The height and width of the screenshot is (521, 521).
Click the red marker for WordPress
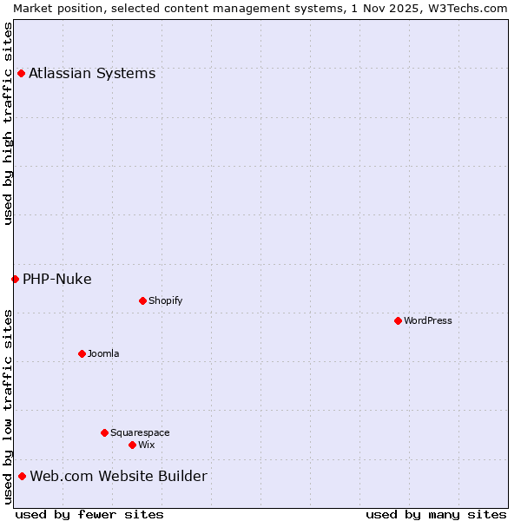tap(398, 320)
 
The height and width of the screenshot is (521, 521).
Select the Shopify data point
tap(142, 300)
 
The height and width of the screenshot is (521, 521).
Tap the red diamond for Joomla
tap(82, 353)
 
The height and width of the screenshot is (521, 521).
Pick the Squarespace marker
tap(104, 432)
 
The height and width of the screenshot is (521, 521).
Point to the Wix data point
tap(132, 445)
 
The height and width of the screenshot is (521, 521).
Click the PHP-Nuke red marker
tap(15, 279)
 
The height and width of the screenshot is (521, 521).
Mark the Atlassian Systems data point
tap(21, 73)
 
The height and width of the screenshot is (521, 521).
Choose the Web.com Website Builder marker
tap(22, 476)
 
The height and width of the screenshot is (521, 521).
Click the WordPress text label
tap(428, 320)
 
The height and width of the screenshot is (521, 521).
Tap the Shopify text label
tap(165, 300)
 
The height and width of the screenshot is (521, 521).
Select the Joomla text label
tap(103, 353)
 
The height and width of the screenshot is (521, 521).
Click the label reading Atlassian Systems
tap(92, 73)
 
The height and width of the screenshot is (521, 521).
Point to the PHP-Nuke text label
tap(57, 279)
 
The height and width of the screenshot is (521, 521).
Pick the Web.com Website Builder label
tap(118, 476)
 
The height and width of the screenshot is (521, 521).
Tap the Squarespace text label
tap(140, 432)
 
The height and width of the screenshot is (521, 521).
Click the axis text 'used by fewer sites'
tap(89, 514)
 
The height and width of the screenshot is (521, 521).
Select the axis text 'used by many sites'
tap(436, 514)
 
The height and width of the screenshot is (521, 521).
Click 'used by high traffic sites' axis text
tap(8, 123)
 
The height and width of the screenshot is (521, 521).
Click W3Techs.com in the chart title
tap(465, 8)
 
